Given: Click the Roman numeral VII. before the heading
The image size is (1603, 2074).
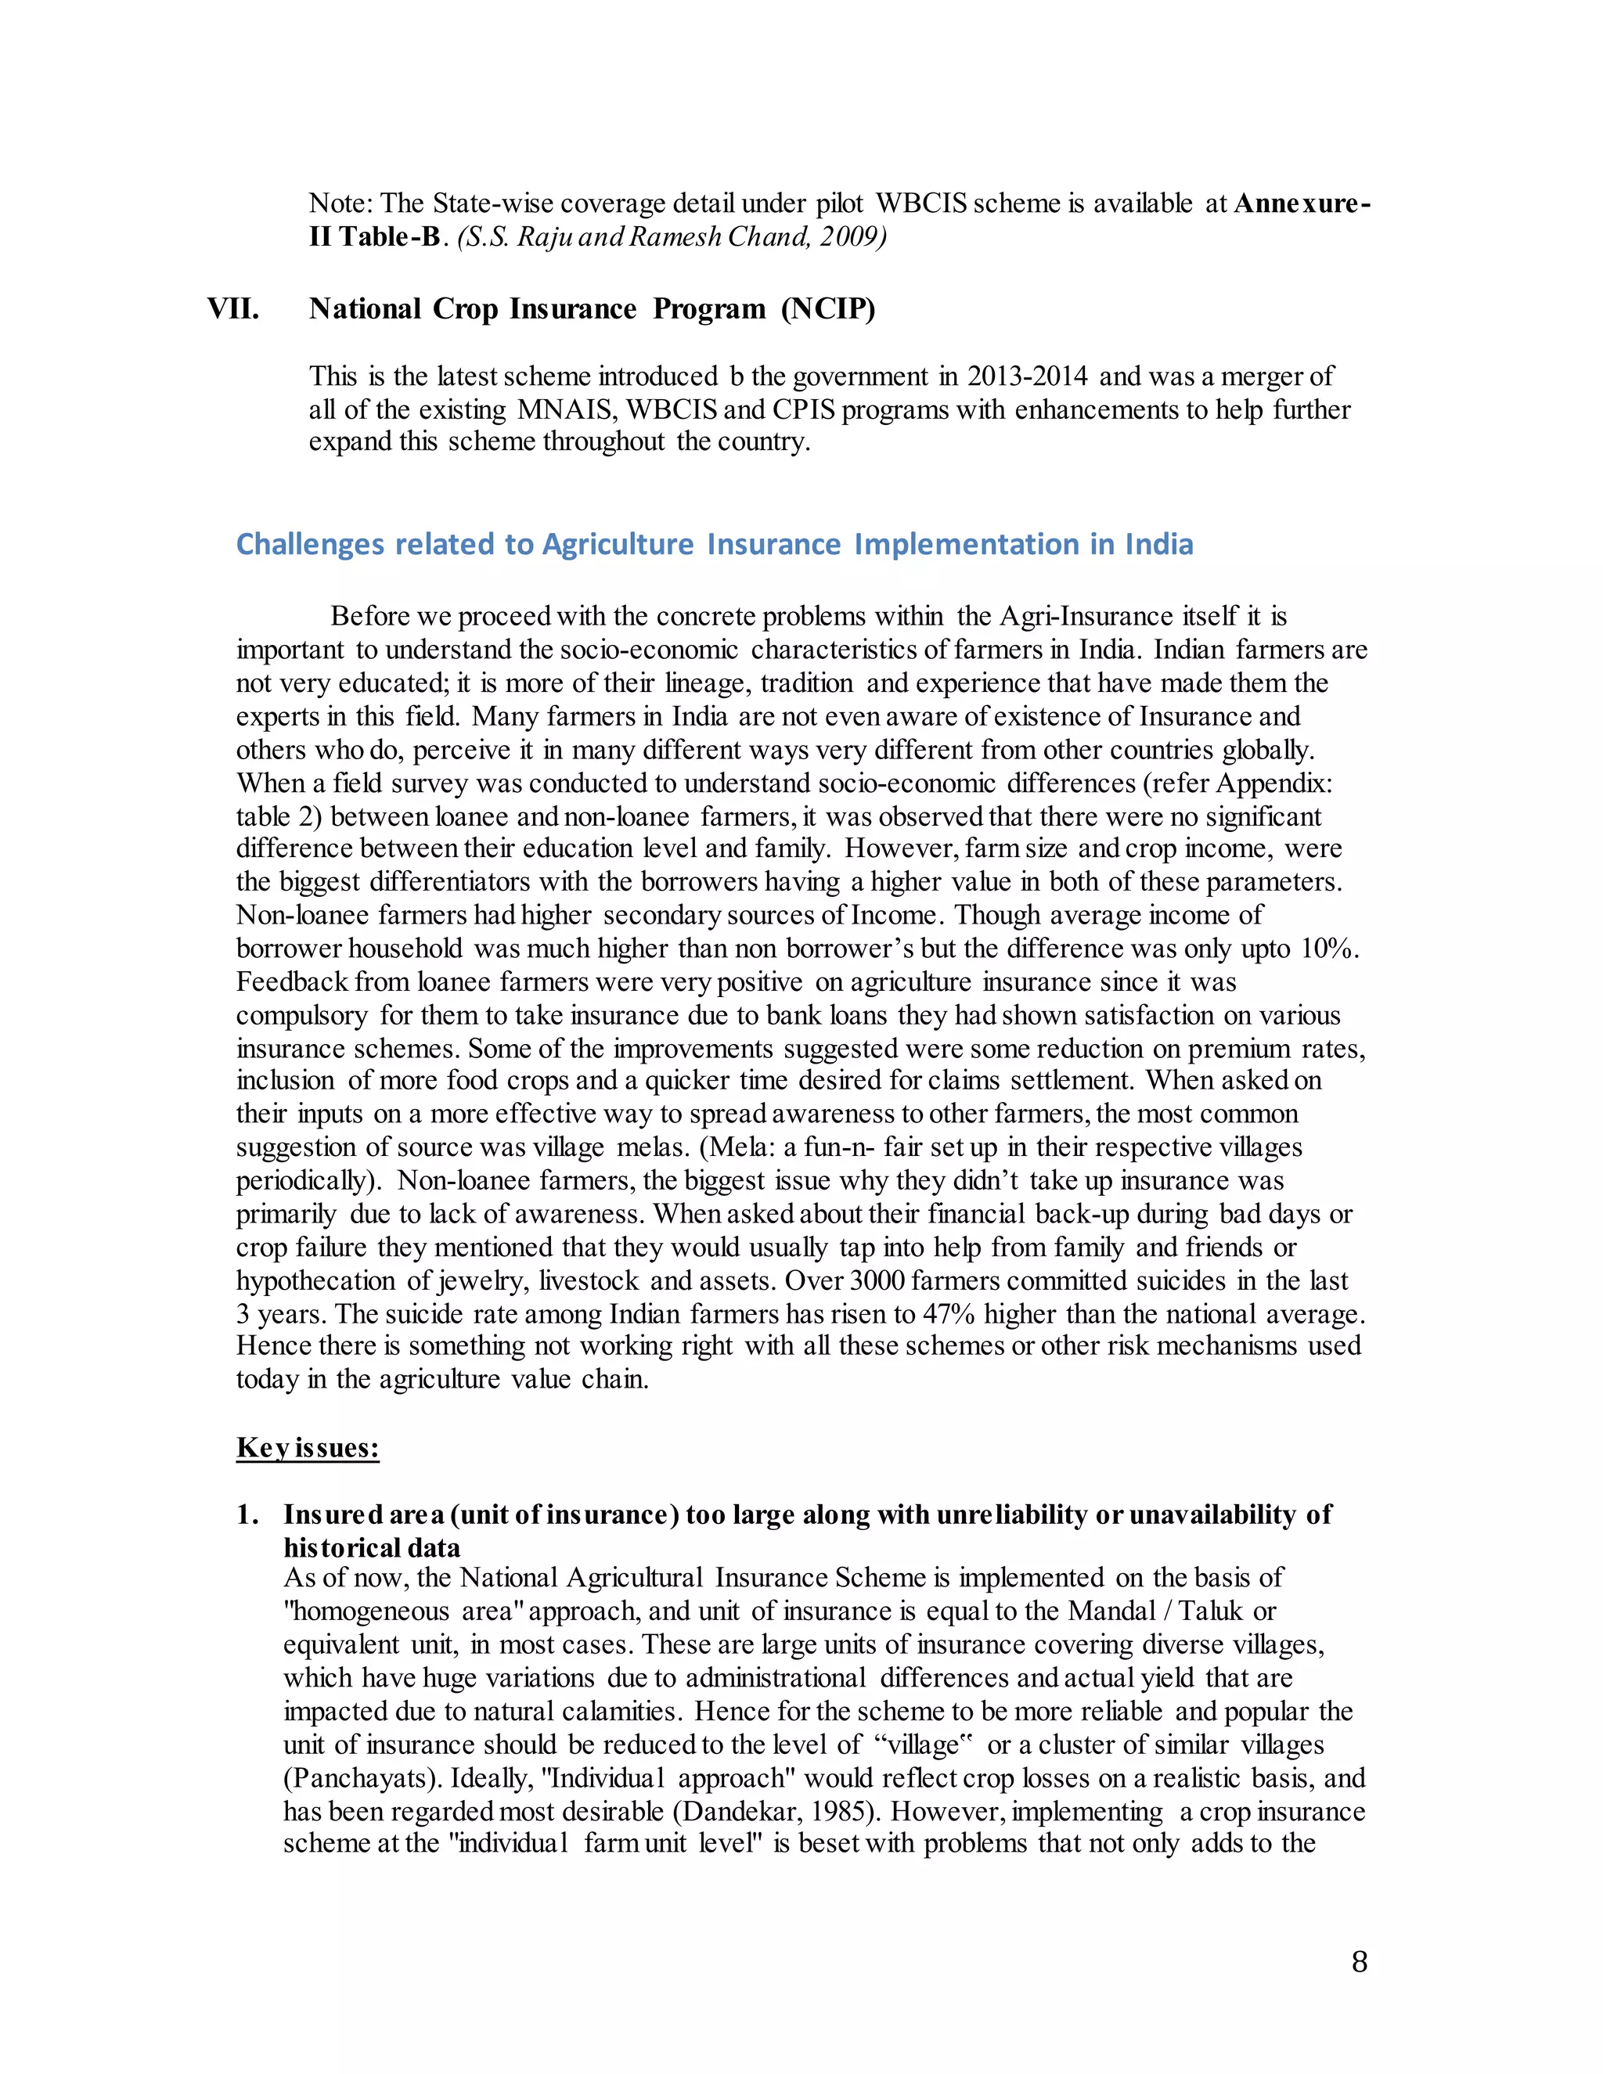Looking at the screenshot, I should [x=232, y=310].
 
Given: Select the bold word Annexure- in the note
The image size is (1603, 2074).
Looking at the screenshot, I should [x=1302, y=203].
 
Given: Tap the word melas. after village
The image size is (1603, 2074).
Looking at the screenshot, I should [x=654, y=1147].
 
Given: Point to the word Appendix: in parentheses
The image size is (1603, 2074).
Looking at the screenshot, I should [x=1274, y=783].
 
